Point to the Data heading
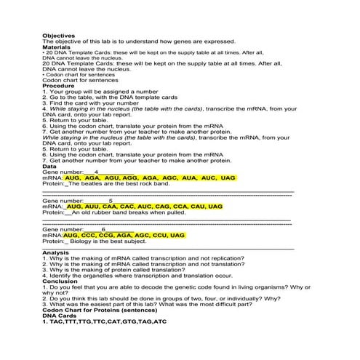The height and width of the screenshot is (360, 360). pos(49,166)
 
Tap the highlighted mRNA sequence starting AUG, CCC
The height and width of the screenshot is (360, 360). pos(124,236)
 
